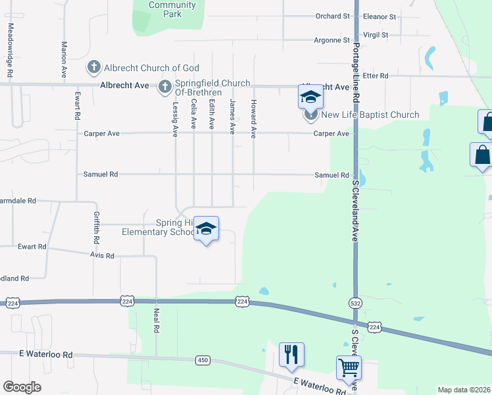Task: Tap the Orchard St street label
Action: [332, 16]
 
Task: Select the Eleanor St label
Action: [380, 16]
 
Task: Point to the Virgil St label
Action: [376, 34]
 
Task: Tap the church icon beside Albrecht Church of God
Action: [93, 67]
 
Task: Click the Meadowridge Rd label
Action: [11, 51]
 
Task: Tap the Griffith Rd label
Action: [96, 227]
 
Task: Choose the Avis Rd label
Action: [101, 255]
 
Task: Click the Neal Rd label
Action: [157, 319]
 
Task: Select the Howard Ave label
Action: [253, 118]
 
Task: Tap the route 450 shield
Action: [203, 360]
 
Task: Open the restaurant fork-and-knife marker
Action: [290, 354]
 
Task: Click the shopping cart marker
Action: [348, 367]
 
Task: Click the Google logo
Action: [22, 387]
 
